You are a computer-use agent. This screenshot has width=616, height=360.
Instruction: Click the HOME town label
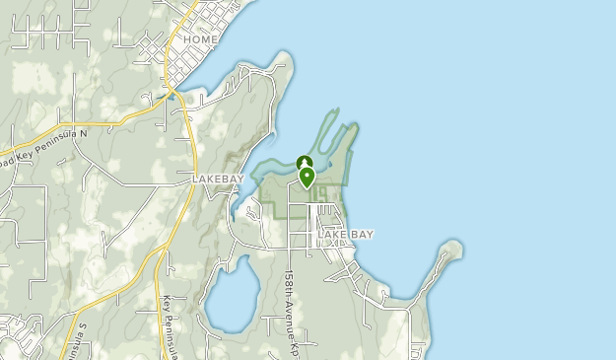click(x=201, y=39)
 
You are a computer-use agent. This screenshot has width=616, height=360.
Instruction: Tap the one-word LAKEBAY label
click(x=217, y=179)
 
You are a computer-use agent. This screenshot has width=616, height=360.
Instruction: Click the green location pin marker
click(x=308, y=178)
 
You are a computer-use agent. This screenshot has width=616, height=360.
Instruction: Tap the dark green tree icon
click(x=305, y=163)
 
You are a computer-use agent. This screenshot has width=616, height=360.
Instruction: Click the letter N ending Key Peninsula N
click(x=84, y=133)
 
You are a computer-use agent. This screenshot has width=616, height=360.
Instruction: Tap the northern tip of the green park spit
click(x=353, y=126)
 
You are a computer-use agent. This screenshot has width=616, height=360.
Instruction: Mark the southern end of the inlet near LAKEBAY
click(x=235, y=213)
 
